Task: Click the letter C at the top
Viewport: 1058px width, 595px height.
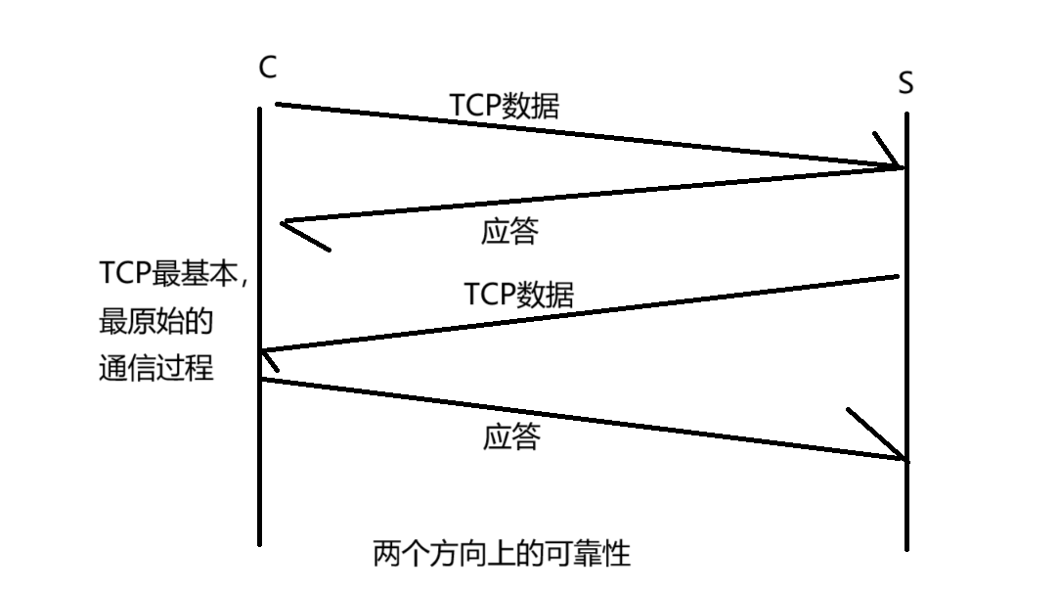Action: point(267,68)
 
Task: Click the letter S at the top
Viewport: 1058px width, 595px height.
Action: point(905,84)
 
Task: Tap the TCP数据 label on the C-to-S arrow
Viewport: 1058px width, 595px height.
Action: point(505,106)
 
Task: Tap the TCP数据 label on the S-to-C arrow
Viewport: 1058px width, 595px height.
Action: point(518,294)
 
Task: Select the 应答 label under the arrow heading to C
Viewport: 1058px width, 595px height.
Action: point(510,231)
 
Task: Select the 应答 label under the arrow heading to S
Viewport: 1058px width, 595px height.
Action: point(511,436)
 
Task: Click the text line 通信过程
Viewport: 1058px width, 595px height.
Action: point(156,369)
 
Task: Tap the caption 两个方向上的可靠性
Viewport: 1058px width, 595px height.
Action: point(502,554)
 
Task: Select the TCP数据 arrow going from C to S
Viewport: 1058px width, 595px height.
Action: point(587,135)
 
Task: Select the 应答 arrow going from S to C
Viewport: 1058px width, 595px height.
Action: point(587,196)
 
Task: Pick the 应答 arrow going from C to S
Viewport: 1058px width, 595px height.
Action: point(587,418)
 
